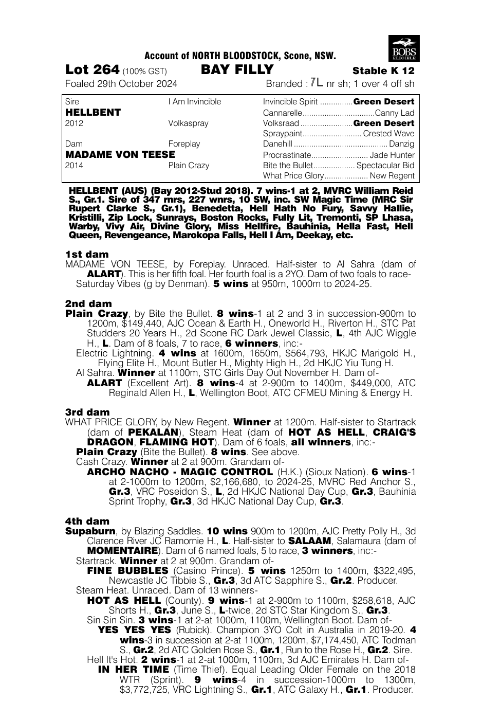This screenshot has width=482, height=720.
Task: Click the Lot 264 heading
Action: click(92, 70)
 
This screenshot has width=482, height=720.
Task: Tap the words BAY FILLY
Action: click(237, 70)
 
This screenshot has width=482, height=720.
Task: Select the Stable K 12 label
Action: click(383, 71)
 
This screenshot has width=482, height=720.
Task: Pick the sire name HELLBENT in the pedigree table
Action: click(93, 112)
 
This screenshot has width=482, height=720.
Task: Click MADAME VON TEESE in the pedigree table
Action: click(120, 154)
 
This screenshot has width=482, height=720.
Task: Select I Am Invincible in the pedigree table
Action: click(194, 102)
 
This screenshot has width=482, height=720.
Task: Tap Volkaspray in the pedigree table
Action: click(188, 123)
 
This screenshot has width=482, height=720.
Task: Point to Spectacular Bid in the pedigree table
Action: click(385, 166)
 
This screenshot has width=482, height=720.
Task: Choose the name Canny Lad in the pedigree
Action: click(395, 113)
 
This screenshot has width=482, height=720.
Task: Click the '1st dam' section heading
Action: click(87, 254)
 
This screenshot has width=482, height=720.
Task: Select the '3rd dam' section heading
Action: click(87, 412)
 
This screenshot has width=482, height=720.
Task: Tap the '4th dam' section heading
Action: click(87, 521)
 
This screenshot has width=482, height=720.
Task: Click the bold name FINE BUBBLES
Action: click(127, 570)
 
